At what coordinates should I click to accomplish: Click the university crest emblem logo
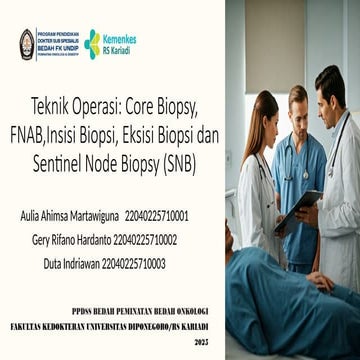pyautogui.click(x=27, y=43)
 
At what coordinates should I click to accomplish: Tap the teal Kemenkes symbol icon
pyautogui.click(x=93, y=43)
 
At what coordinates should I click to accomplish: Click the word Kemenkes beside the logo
pyautogui.click(x=119, y=38)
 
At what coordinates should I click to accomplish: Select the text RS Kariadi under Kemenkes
pyautogui.click(x=118, y=50)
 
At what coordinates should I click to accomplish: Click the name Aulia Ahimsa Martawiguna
pyautogui.click(x=66, y=215)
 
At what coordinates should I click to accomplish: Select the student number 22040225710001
pyautogui.click(x=157, y=215)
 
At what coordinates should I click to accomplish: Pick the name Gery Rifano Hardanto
pyautogui.click(x=65, y=239)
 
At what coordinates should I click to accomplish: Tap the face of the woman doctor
pyautogui.click(x=262, y=120)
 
